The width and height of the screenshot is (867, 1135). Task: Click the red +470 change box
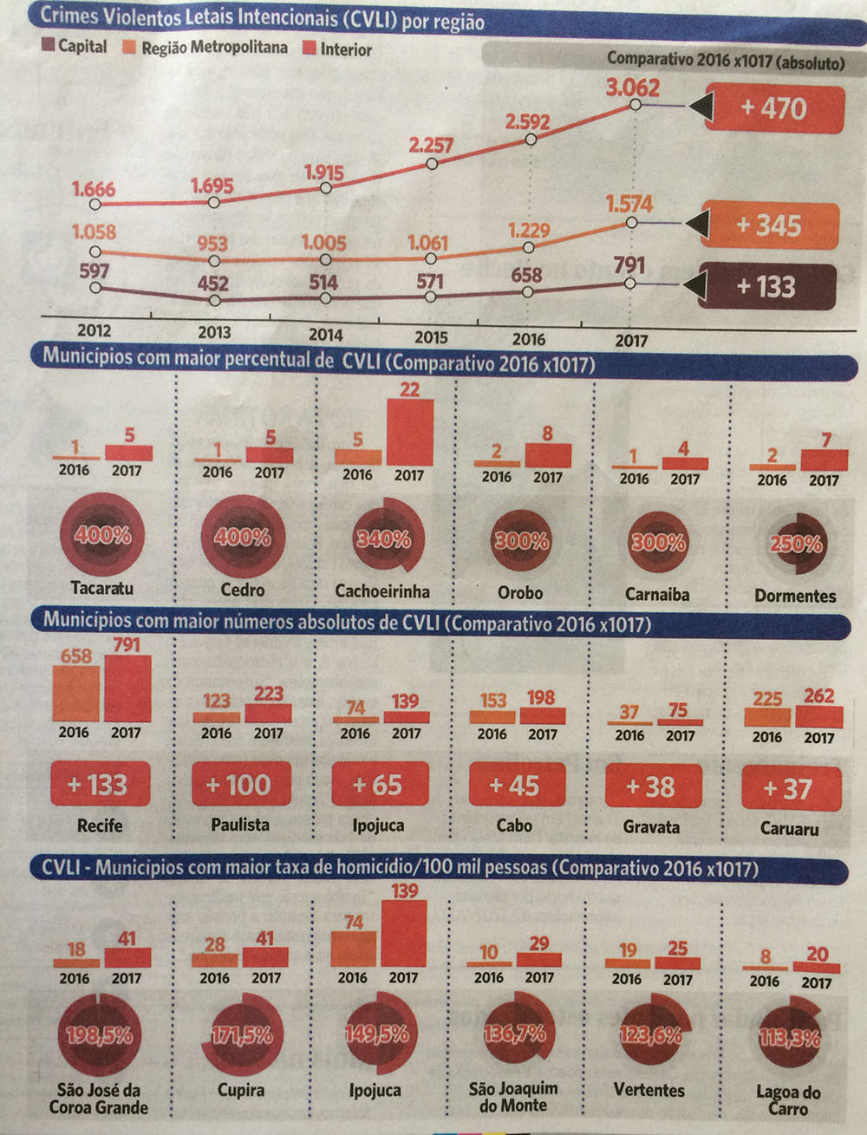pos(774,108)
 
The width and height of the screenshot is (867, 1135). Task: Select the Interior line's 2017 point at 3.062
pos(635,105)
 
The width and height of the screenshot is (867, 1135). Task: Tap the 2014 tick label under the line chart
pos(325,335)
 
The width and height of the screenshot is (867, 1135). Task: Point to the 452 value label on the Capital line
pos(212,284)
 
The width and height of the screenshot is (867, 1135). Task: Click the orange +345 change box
pos(769,225)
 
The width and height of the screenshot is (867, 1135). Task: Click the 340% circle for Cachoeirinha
pos(383,539)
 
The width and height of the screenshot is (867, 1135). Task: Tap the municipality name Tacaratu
pos(102,588)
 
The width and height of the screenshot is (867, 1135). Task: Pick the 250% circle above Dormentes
pos(795,545)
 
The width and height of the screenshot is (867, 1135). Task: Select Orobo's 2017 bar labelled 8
pos(548,456)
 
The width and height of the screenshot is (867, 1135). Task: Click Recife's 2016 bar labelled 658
pos(76,694)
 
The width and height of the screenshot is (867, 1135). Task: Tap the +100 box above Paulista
pos(240,785)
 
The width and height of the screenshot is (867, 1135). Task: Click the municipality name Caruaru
pos(789,829)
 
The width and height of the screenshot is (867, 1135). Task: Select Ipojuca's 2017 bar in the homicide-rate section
pos(403,934)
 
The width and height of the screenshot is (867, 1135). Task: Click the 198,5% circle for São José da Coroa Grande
pos(100,1034)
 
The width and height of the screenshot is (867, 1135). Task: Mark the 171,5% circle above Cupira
pos(242,1035)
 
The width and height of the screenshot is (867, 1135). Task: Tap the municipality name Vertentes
pos(649,1090)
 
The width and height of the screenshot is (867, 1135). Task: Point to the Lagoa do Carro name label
pos(788,1100)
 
